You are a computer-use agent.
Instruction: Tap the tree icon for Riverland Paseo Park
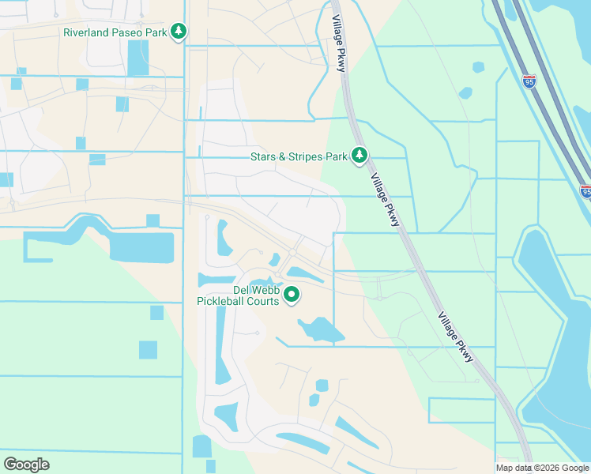[x=180, y=32]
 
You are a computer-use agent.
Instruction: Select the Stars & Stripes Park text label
[x=299, y=156]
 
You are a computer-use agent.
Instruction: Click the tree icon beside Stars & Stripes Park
[x=360, y=156]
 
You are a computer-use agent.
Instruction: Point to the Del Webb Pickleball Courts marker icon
[x=292, y=295]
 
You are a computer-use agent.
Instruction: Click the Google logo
[x=26, y=465]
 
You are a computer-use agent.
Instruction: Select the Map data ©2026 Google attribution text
[x=542, y=468]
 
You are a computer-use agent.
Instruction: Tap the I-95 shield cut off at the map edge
[x=585, y=191]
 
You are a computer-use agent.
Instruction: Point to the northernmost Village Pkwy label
[x=337, y=46]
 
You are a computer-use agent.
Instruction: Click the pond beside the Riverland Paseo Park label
[x=138, y=58]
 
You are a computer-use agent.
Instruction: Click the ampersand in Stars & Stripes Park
[x=287, y=156]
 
